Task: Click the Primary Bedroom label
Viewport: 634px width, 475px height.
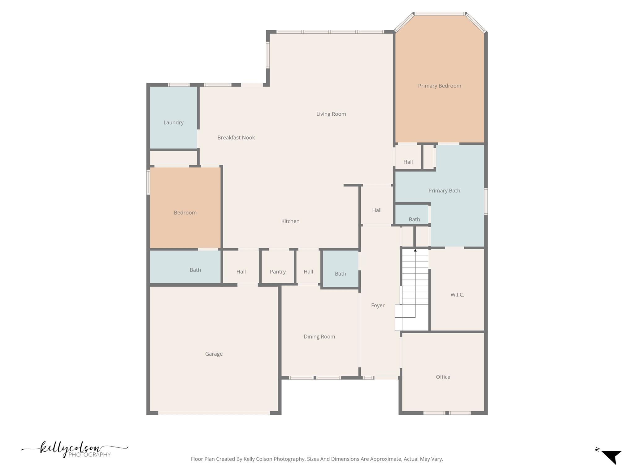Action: click(439, 86)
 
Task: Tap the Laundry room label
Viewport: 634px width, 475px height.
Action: click(173, 122)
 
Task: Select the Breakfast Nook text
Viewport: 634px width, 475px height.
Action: click(236, 138)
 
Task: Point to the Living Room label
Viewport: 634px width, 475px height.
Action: click(331, 114)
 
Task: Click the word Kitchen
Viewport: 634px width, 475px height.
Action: click(290, 221)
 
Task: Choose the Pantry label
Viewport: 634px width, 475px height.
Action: click(277, 272)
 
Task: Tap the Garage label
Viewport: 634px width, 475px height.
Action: click(214, 354)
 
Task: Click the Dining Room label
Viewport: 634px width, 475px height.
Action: click(319, 336)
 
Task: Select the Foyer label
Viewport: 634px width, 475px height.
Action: click(378, 306)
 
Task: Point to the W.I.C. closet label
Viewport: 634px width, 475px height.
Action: click(457, 295)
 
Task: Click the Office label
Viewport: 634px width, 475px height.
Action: click(443, 377)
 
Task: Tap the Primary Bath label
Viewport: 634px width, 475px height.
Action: click(444, 191)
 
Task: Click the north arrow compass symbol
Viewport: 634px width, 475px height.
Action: click(611, 457)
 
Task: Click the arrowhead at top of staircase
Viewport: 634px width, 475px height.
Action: click(415, 250)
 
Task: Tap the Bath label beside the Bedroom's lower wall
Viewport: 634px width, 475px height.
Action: click(195, 270)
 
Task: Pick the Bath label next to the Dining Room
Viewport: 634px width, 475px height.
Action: click(340, 274)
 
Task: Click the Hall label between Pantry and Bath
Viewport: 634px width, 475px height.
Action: click(308, 272)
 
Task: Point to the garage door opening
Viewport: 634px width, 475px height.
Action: click(214, 413)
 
